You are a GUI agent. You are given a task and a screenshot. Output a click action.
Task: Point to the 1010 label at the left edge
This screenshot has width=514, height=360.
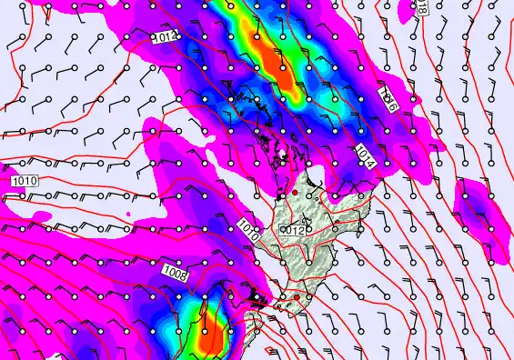(x=25, y=182)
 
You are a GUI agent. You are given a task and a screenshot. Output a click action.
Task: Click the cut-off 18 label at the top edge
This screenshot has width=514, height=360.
(x=421, y=6)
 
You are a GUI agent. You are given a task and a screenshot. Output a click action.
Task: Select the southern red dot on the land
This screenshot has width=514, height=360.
(x=297, y=296)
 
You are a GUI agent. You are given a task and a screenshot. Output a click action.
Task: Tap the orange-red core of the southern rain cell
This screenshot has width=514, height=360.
(x=212, y=332)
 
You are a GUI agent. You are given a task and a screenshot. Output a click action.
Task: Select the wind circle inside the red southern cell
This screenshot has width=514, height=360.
(x=204, y=332)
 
